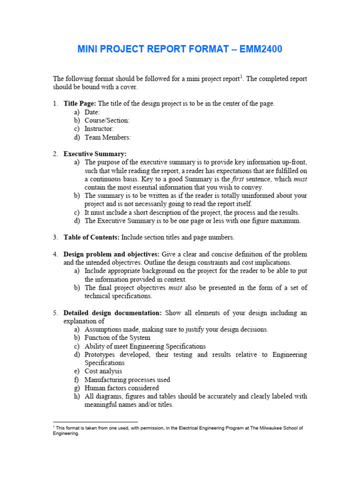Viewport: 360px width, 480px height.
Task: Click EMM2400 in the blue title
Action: [260, 49]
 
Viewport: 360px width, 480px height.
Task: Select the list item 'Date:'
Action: [92, 112]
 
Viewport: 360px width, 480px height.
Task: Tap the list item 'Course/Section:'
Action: [107, 120]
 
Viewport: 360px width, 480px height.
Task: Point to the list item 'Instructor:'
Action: [99, 129]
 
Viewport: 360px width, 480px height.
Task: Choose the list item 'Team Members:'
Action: [107, 137]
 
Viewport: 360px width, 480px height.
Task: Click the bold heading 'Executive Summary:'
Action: [95, 154]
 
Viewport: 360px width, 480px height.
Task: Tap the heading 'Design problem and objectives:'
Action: [112, 255]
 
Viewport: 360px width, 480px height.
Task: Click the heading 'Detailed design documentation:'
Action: [112, 313]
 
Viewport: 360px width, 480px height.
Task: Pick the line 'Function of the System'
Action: [117, 338]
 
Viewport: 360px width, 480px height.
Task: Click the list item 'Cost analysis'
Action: [103, 371]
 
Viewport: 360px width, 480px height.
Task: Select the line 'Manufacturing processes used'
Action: [127, 380]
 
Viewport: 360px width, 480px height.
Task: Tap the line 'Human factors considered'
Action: [121, 388]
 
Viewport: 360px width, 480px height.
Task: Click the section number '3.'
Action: [55, 238]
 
